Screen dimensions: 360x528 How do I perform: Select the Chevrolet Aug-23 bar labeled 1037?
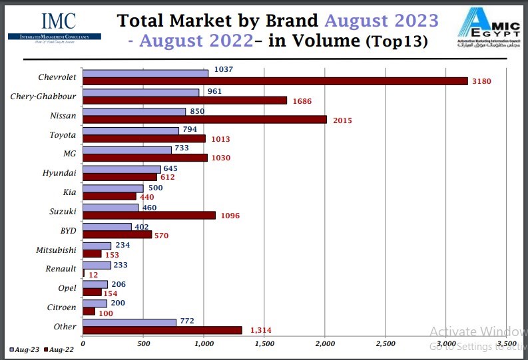coord(145,73)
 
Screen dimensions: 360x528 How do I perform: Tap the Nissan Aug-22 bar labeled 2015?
coord(204,120)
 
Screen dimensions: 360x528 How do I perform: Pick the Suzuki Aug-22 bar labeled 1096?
coord(149,216)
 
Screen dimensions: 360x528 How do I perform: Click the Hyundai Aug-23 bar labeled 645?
coord(122,169)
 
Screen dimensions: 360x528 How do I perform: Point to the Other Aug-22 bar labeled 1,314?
coord(162,330)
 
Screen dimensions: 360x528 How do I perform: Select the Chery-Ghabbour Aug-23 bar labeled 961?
coord(140,92)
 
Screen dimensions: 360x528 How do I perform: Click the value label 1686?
coord(302,101)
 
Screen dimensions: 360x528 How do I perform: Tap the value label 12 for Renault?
coord(93,273)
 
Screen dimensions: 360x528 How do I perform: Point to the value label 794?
coord(190,129)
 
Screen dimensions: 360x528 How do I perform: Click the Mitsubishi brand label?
coord(56,250)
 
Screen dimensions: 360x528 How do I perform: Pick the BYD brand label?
coord(68,231)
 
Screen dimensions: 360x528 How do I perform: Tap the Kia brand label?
coord(70,192)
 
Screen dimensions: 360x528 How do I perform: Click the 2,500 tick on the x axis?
coord(385,343)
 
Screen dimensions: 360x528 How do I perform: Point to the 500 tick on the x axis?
coord(143,343)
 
